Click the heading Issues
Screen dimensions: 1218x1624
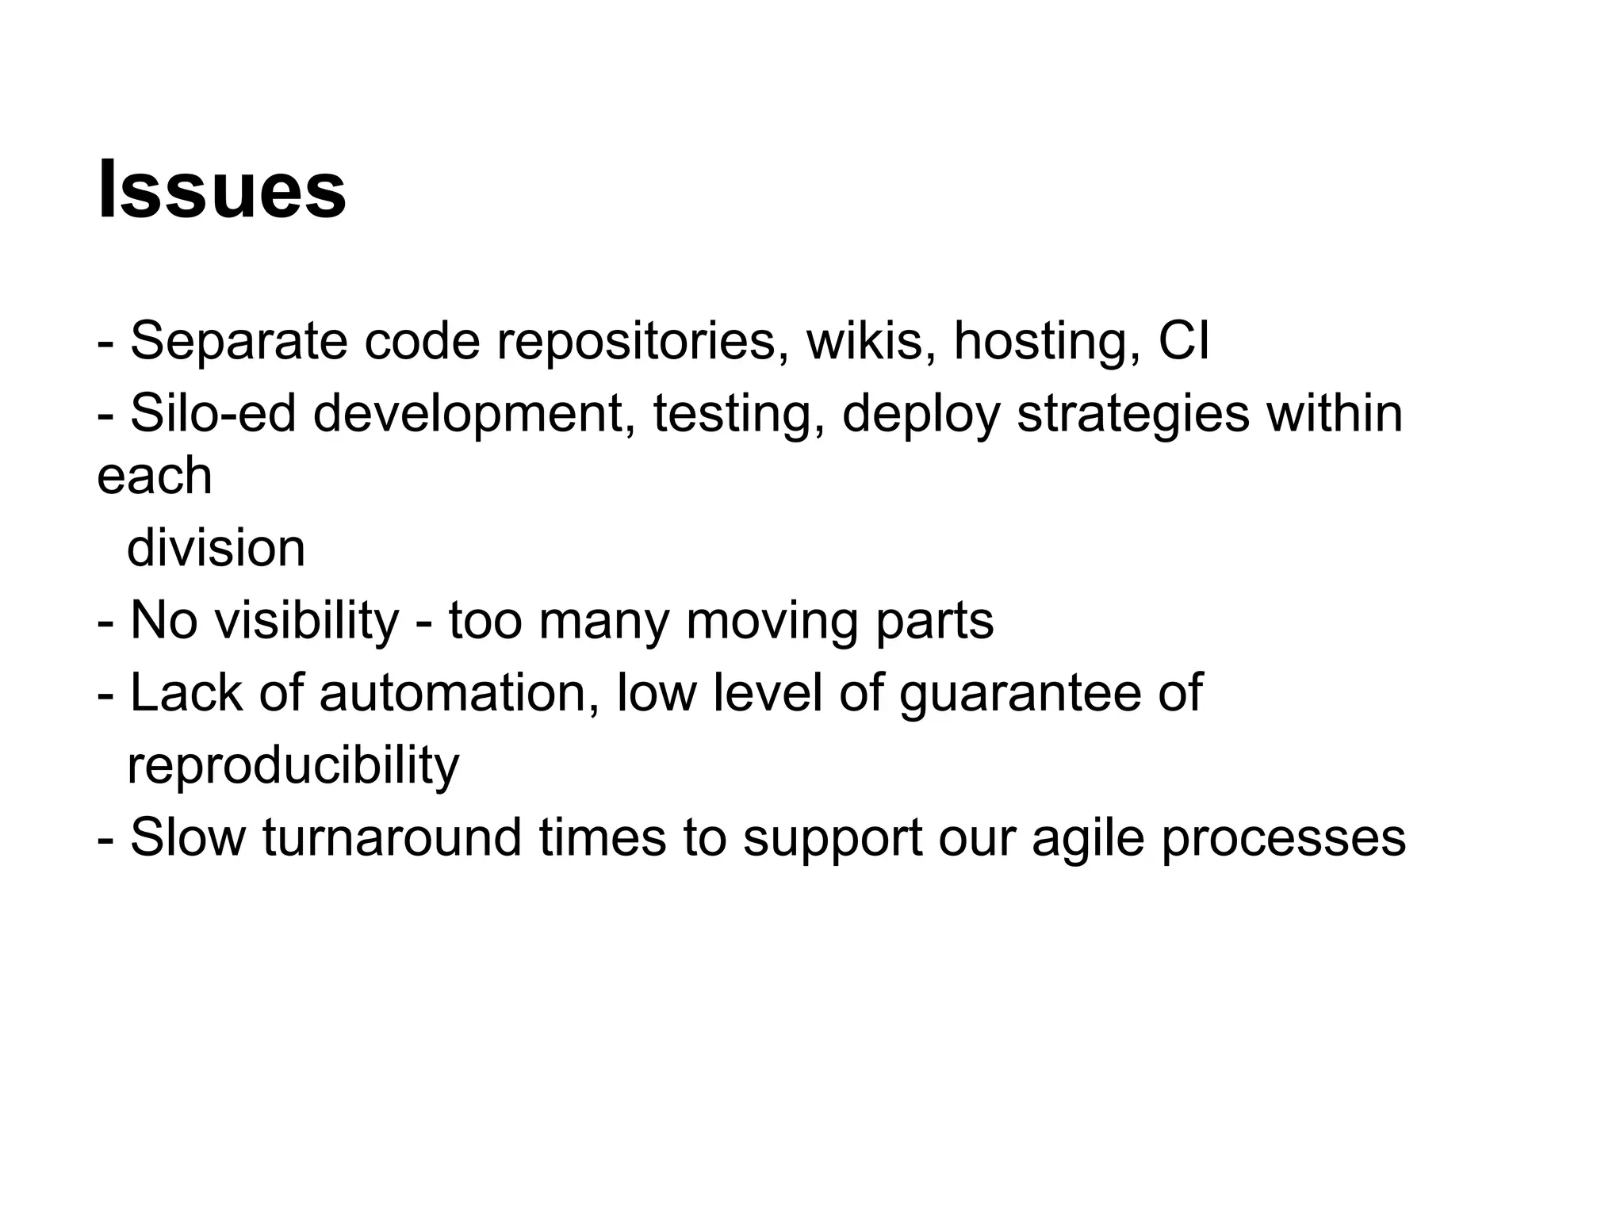[x=221, y=190]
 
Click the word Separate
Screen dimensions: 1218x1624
[x=239, y=341]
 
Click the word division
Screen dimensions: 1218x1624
[x=216, y=548]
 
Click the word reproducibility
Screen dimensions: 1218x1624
[x=293, y=766]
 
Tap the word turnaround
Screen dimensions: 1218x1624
[x=392, y=837]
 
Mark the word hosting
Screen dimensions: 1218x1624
[x=1047, y=341]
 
